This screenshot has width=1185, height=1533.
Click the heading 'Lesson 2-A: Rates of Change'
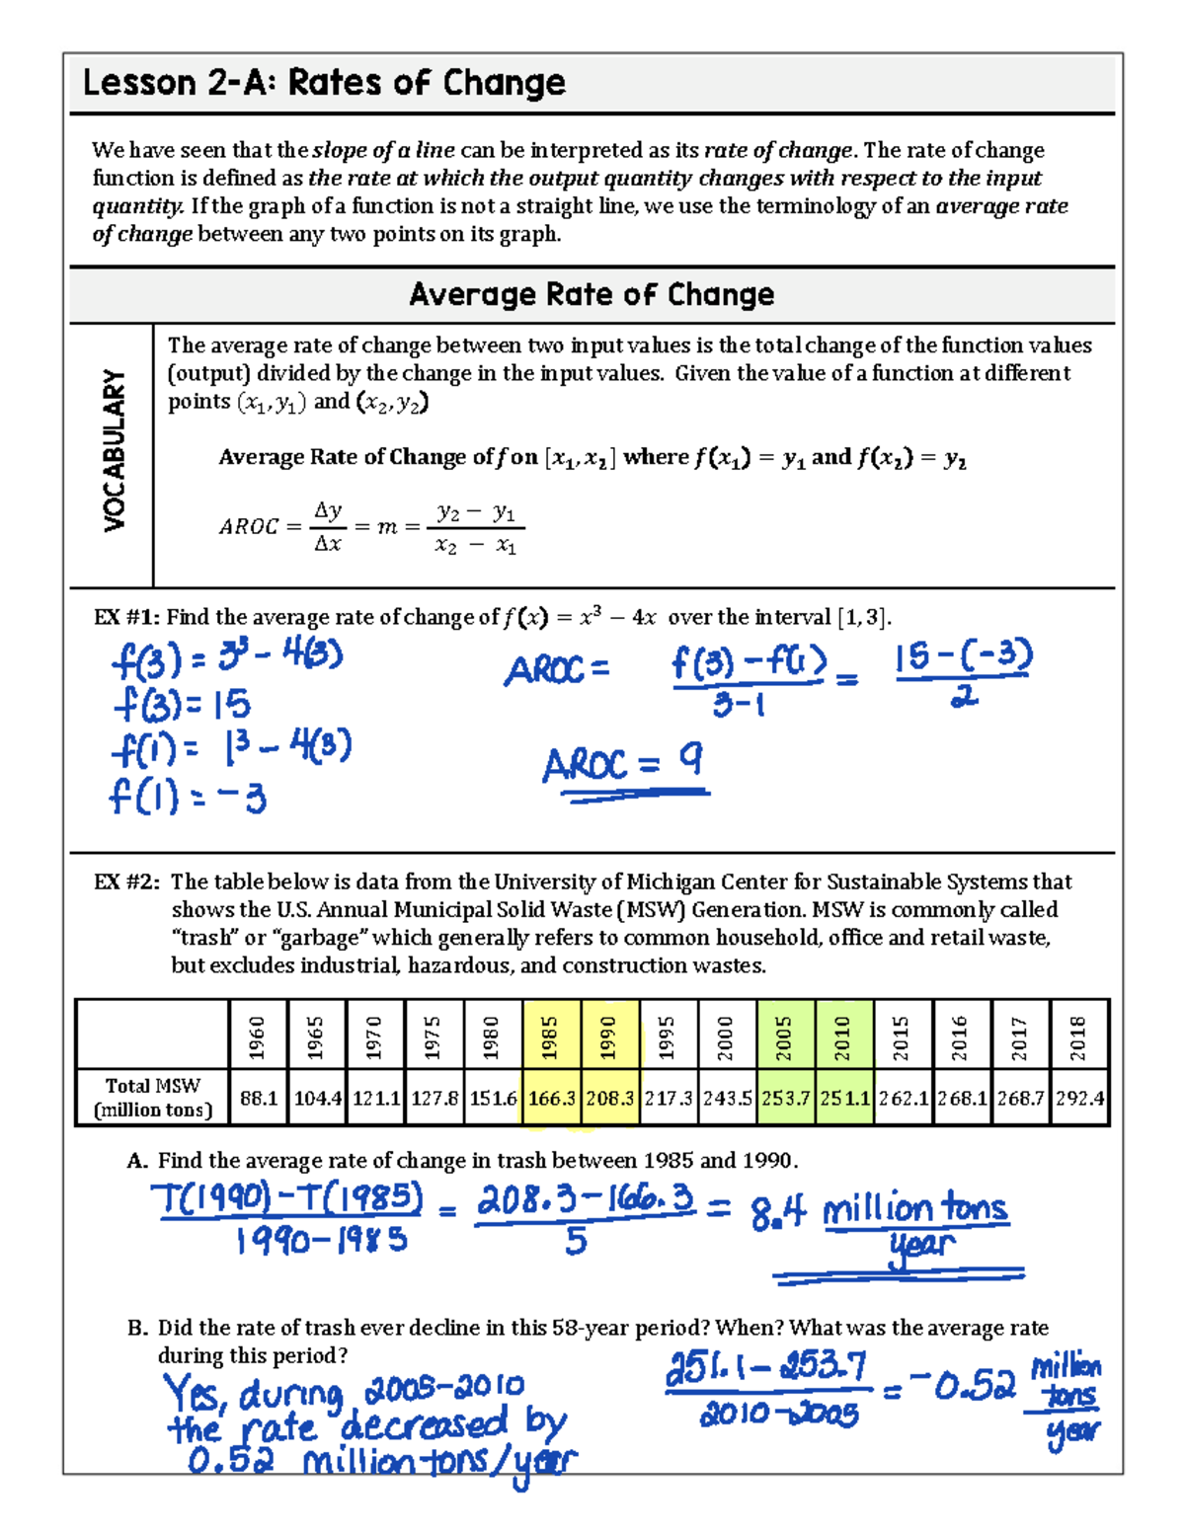click(x=324, y=83)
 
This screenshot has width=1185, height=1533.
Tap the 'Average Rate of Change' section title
click(x=592, y=295)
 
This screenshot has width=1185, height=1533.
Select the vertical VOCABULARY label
click(x=115, y=451)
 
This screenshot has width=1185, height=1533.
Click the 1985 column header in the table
click(x=551, y=1035)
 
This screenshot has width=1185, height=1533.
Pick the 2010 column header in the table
click(x=843, y=1035)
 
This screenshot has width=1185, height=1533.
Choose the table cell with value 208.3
click(x=610, y=1098)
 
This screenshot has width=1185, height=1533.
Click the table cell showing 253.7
click(x=785, y=1098)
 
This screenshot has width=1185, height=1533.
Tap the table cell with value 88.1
click(x=259, y=1098)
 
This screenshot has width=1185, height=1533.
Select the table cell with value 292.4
click(x=1079, y=1098)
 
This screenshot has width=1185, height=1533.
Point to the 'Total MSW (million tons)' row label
click(x=153, y=1098)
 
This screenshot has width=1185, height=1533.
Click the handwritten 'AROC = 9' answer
click(x=623, y=764)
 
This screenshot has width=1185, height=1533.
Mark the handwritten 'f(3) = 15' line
click(x=182, y=705)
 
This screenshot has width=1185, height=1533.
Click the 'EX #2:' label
click(x=126, y=882)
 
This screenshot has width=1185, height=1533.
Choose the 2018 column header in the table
click(x=1078, y=1035)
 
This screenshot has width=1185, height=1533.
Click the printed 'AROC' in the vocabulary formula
click(x=249, y=527)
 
